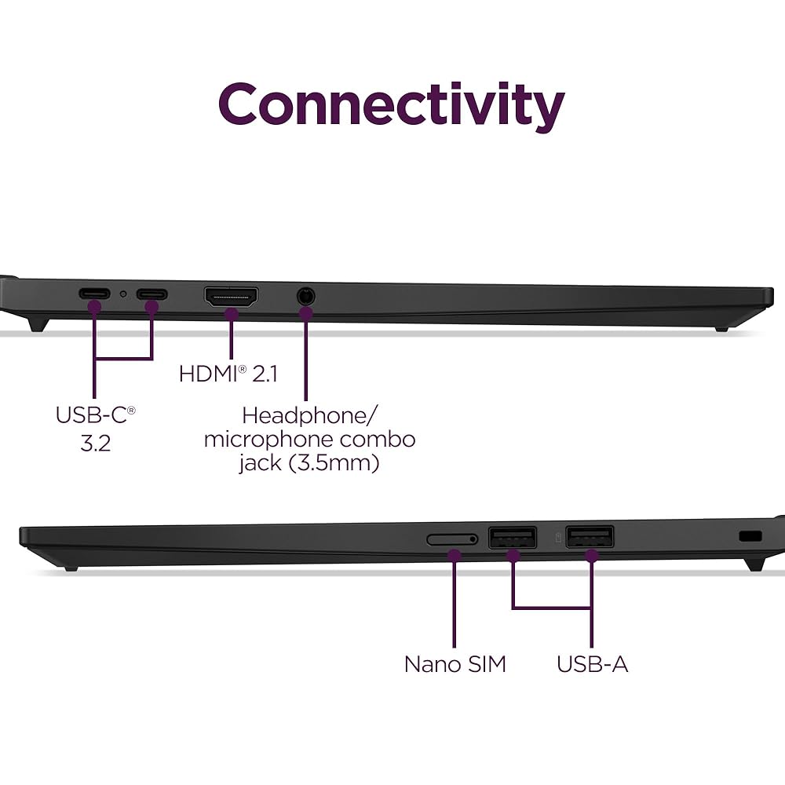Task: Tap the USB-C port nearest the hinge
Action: point(94,295)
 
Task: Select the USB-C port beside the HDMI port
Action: point(152,295)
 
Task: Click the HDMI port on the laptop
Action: point(232,297)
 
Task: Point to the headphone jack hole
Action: point(305,297)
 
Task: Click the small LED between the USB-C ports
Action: point(123,295)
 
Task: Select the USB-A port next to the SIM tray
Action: point(513,538)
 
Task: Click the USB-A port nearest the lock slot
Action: point(590,538)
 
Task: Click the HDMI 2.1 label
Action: point(228,374)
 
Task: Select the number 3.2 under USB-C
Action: point(95,443)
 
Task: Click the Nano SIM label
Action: point(455,664)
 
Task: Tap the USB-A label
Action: point(592,664)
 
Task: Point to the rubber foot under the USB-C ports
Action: point(38,321)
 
